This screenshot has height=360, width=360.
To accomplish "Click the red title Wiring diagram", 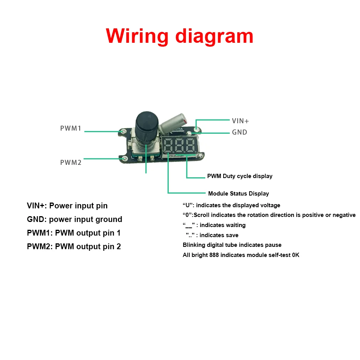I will (180, 36).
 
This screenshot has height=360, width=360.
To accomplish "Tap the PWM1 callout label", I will (71, 128).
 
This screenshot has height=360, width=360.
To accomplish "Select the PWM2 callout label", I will (71, 163).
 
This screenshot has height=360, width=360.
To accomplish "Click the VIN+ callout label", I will (240, 121).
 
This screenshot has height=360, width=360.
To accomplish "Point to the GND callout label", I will (239, 132).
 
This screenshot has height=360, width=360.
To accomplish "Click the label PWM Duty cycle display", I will (239, 176).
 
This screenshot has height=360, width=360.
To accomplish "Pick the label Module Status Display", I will (238, 194).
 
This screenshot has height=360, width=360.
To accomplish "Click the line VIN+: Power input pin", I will (67, 206).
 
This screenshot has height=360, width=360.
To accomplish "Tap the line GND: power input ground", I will (74, 219).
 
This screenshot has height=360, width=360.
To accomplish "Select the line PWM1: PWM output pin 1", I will (74, 233).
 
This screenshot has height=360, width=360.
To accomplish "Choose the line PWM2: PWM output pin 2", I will (74, 246).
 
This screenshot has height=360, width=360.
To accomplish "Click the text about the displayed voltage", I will (231, 205).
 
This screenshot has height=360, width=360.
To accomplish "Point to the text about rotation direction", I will (269, 215).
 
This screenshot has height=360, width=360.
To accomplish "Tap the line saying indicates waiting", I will (214, 225).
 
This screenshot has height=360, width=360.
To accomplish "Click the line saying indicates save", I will (212, 235).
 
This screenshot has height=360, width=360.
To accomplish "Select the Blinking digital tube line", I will (232, 245).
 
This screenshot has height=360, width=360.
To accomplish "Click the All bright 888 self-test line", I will (241, 255).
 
